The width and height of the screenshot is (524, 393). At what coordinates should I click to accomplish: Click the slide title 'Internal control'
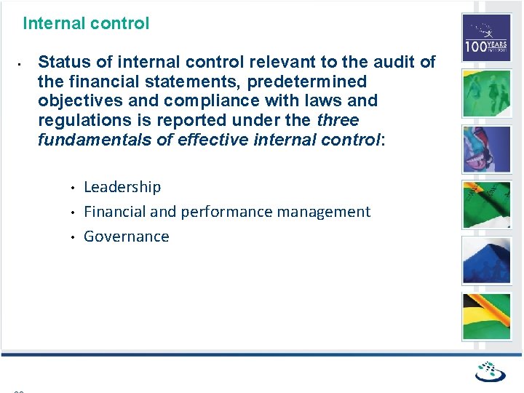click(x=86, y=23)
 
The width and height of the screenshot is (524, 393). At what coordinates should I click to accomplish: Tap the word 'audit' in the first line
click(x=393, y=62)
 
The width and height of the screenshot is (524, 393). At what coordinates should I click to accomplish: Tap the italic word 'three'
click(x=338, y=119)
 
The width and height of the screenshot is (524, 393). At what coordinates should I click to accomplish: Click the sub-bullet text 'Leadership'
click(x=122, y=187)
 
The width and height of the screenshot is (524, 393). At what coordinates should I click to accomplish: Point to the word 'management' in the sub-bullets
click(x=328, y=212)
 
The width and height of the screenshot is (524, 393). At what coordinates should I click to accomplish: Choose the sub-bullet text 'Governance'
click(x=127, y=237)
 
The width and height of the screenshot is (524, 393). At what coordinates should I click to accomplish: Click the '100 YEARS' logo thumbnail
click(x=486, y=38)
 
